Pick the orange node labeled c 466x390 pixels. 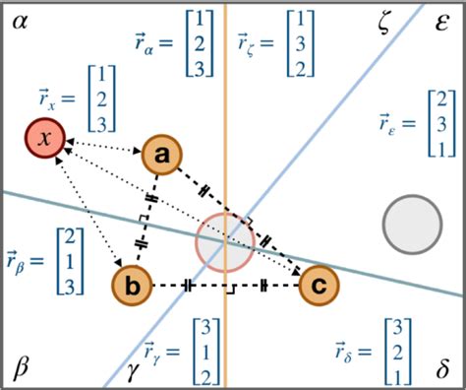[x=318, y=286]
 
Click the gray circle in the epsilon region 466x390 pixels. [x=409, y=221]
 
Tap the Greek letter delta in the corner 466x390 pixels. [x=440, y=369]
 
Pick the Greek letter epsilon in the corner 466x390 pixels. [x=440, y=22]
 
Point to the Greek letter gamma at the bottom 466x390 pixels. [x=132, y=370]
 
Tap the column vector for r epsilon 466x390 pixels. [x=443, y=121]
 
